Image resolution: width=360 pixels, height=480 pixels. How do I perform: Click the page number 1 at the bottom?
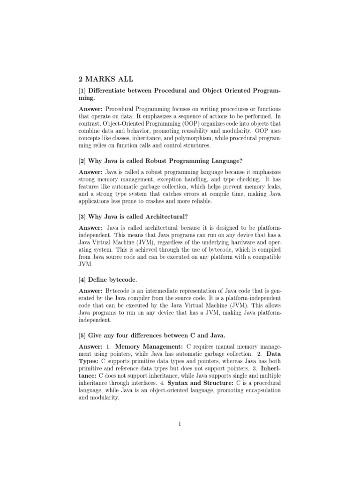[180, 424]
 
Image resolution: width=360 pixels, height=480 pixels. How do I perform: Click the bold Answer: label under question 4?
[91, 292]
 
